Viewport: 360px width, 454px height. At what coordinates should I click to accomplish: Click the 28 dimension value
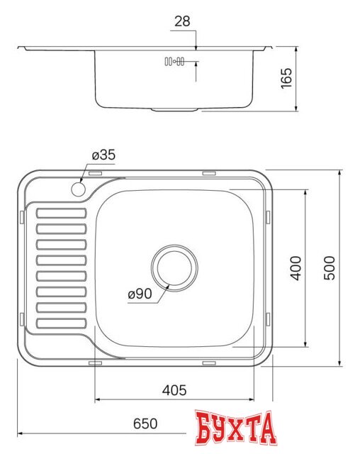pyautogui.click(x=182, y=22)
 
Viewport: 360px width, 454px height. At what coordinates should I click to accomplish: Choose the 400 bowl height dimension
pyautogui.click(x=296, y=267)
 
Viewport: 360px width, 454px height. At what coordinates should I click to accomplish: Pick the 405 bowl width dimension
pyautogui.click(x=174, y=389)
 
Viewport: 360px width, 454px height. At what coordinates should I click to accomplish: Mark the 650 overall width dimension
pyautogui.click(x=145, y=423)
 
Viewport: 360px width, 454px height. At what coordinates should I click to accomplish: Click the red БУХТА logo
pyautogui.click(x=235, y=428)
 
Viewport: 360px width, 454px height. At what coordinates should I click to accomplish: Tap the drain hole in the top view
pyautogui.click(x=174, y=267)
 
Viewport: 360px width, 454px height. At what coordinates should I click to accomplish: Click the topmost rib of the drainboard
pyautogui.click(x=61, y=212)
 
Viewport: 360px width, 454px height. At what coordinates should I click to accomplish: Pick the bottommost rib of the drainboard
pyautogui.click(x=61, y=323)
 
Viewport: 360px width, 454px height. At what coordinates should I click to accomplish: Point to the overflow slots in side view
pyautogui.click(x=174, y=62)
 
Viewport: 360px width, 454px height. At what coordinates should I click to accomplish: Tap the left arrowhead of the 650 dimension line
pyautogui.click(x=20, y=433)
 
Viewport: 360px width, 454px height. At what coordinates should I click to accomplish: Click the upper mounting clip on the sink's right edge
pyautogui.click(x=269, y=216)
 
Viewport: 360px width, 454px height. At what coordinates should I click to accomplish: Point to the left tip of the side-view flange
pyautogui.click(x=20, y=48)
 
